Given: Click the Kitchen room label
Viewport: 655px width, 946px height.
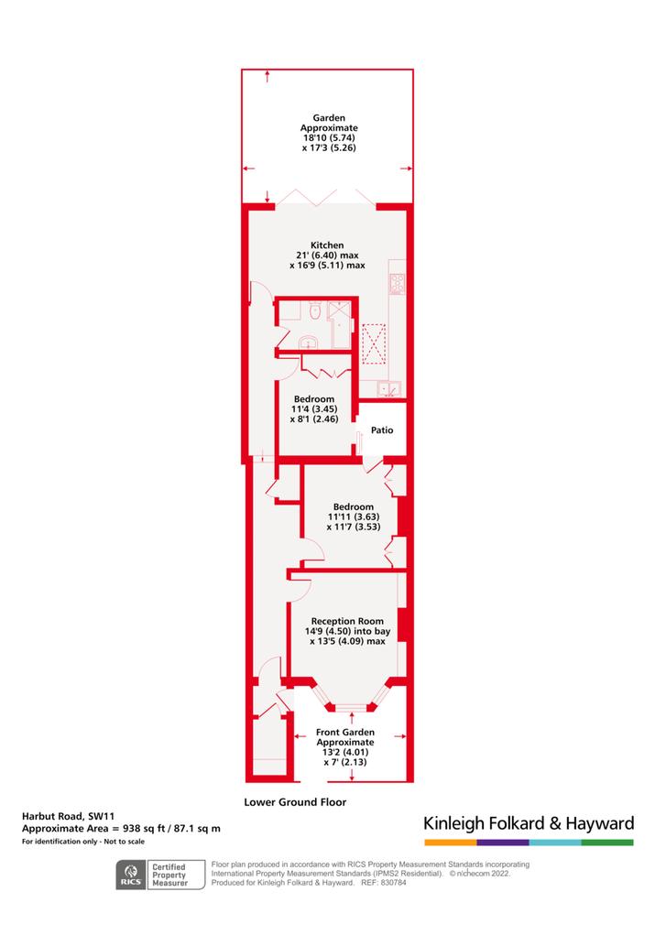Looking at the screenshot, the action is point(327,245).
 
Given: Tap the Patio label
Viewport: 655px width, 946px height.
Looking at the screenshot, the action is point(381,430).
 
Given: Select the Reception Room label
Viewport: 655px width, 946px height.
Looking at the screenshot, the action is point(347,621).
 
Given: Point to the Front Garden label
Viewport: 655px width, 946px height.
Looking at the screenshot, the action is point(345,732).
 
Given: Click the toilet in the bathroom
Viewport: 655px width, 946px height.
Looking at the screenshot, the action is point(314,311).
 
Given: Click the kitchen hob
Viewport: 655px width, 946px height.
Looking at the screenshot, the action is point(398,284).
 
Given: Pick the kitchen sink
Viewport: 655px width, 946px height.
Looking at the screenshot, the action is point(389,389).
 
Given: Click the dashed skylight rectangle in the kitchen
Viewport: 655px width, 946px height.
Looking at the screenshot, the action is point(374,344).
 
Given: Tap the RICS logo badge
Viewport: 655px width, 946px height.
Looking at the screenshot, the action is point(131,875).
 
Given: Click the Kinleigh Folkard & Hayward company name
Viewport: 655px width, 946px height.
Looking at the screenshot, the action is point(529,823).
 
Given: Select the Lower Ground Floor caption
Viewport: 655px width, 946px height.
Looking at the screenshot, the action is point(295,802).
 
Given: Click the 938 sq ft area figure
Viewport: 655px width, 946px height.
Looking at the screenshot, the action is point(143,829).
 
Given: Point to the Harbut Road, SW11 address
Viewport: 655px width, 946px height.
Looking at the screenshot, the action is point(68,816).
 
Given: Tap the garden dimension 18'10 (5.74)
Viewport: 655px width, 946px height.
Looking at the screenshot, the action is point(329,137).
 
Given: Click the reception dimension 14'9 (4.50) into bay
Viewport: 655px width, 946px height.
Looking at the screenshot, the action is point(348,631).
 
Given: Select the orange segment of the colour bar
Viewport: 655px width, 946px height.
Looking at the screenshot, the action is point(451,843).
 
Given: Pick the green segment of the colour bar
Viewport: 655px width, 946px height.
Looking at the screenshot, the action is point(607,843).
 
